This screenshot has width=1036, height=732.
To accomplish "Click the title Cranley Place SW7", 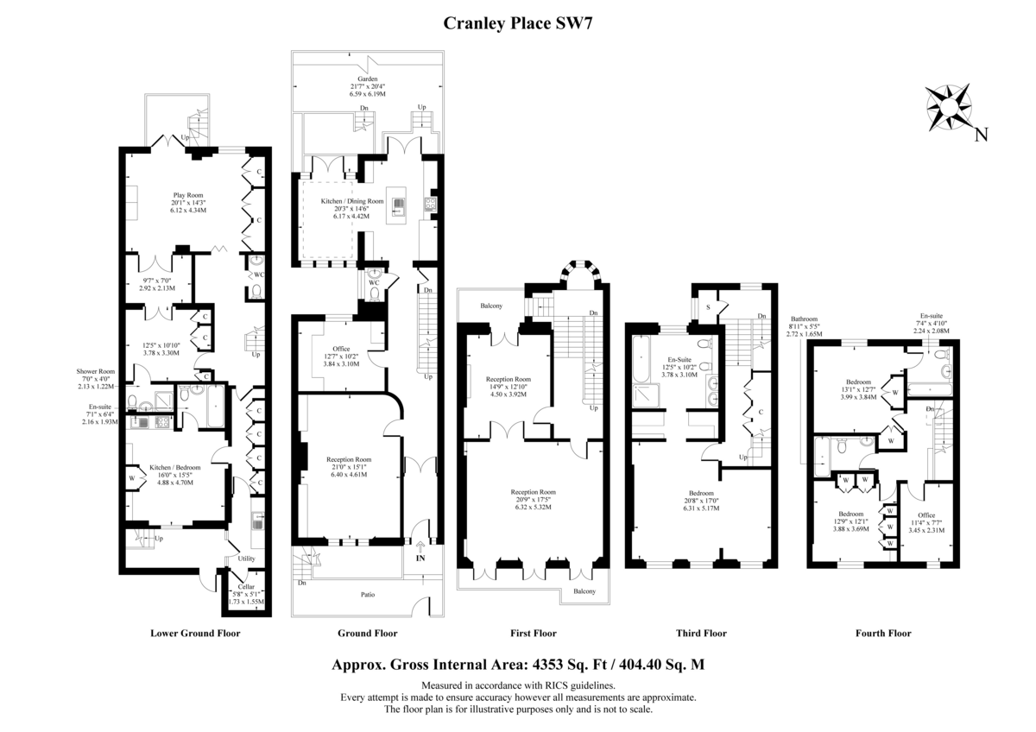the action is click(x=517, y=23).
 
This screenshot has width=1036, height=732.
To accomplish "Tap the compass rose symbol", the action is click(x=949, y=108).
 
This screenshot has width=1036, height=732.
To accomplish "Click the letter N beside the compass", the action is click(x=982, y=135).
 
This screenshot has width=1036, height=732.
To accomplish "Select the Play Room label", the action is click(x=188, y=195).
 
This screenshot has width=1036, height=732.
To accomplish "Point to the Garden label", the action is click(x=367, y=79).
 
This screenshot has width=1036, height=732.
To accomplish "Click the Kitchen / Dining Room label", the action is click(x=352, y=201).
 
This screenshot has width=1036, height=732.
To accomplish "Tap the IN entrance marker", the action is click(x=420, y=558).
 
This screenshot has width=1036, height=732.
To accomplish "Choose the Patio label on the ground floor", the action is click(x=368, y=595).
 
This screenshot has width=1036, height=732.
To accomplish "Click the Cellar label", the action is click(x=246, y=586).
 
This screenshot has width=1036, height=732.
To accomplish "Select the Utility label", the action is click(x=247, y=558).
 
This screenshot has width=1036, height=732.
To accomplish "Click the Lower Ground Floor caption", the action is click(x=195, y=634).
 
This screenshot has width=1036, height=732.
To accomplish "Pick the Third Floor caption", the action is click(x=701, y=634).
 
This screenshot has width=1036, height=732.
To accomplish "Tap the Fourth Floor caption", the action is click(x=883, y=634).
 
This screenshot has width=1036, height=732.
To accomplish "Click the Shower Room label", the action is click(x=96, y=371).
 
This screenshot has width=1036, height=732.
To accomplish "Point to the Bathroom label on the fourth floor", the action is click(x=804, y=319).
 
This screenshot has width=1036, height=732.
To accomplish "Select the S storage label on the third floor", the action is click(x=708, y=307).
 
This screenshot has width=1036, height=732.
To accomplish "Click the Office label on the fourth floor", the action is click(x=926, y=515).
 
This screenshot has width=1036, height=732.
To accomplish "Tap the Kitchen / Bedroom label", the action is click(x=174, y=468).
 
